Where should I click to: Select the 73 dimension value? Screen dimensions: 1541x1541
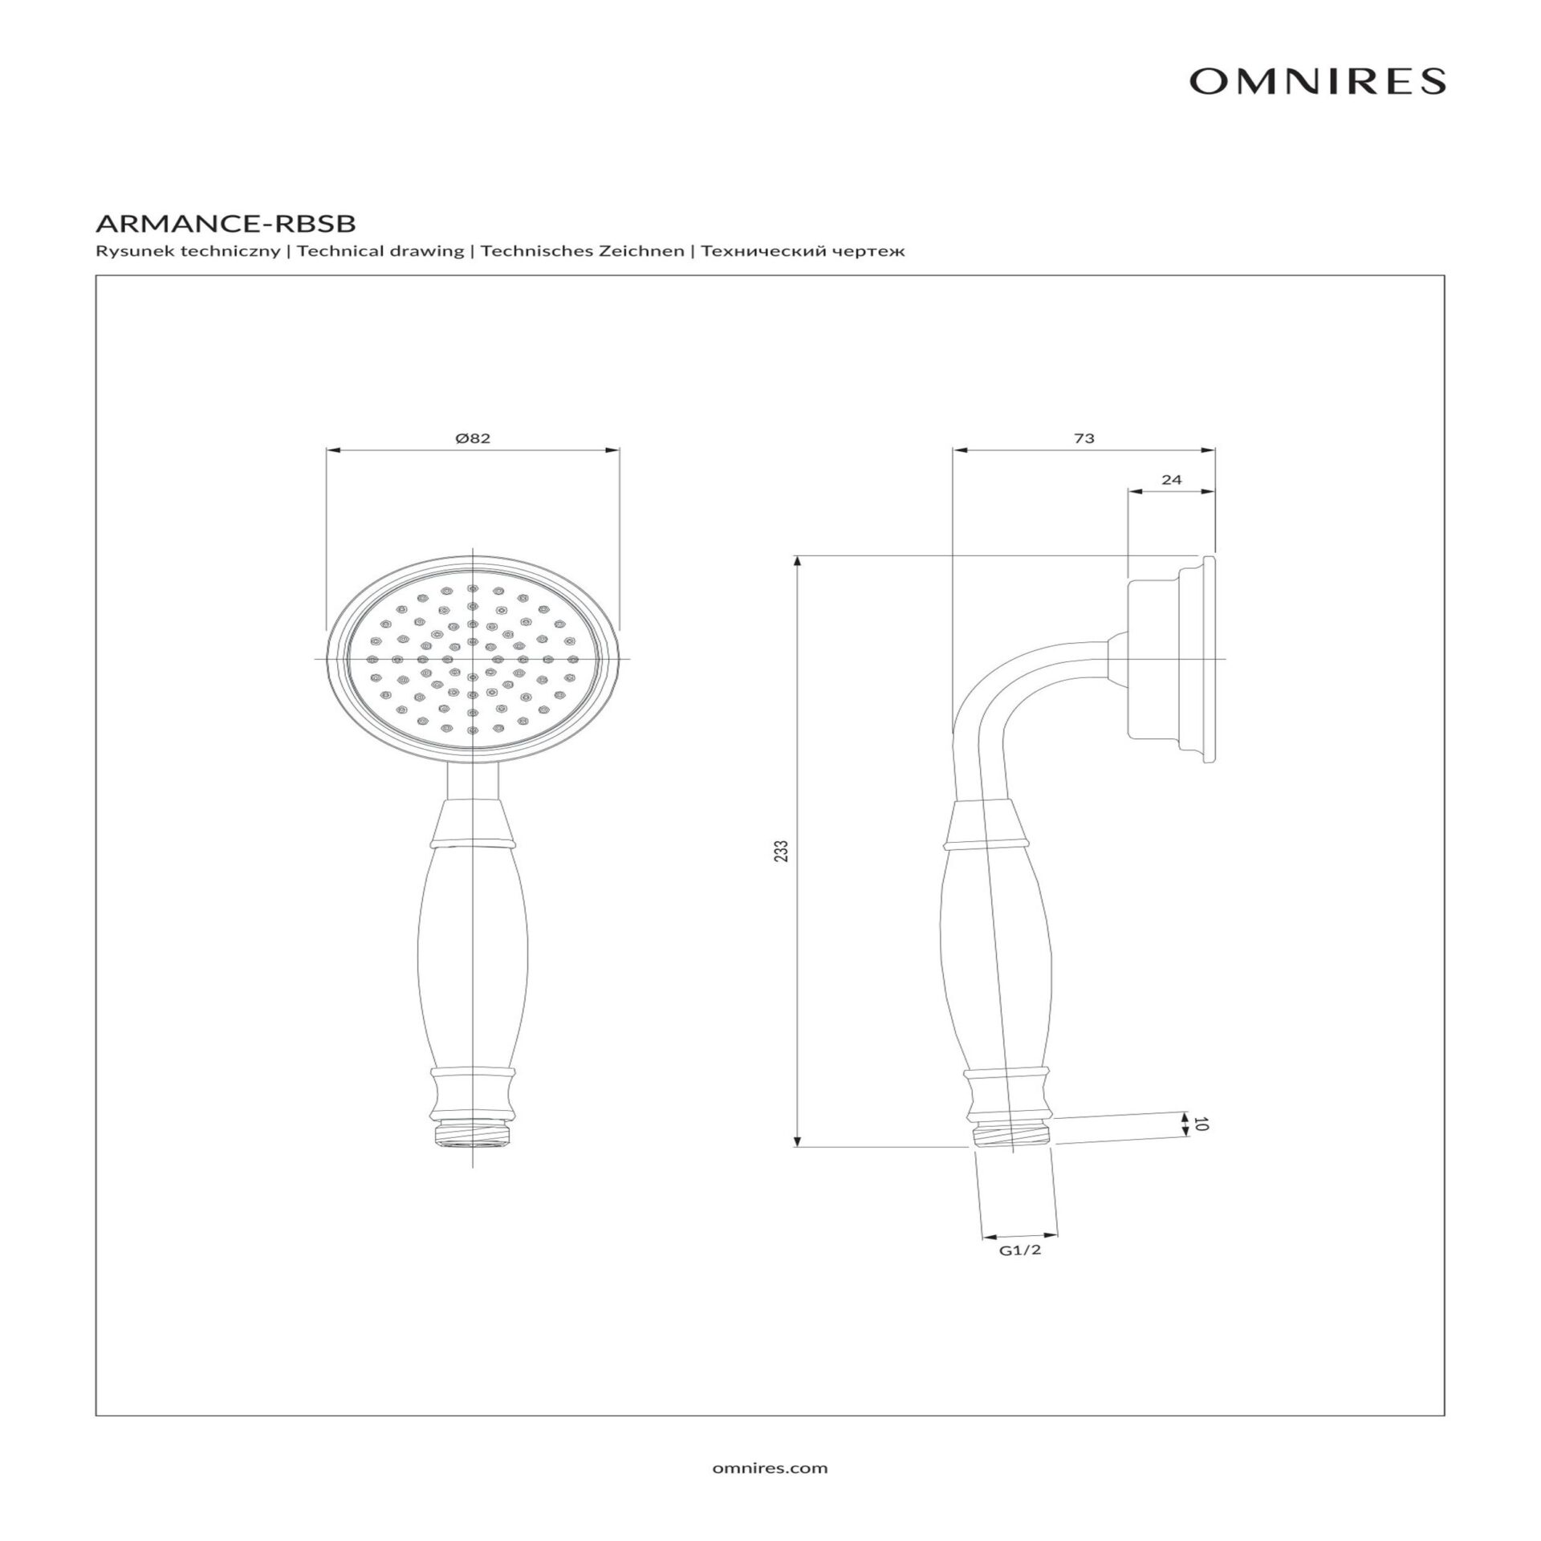(1084, 438)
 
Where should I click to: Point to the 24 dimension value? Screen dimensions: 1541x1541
(1172, 480)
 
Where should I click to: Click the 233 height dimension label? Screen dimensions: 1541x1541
(783, 851)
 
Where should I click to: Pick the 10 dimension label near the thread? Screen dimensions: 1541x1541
(1201, 1124)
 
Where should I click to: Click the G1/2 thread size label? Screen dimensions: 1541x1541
(1020, 1273)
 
